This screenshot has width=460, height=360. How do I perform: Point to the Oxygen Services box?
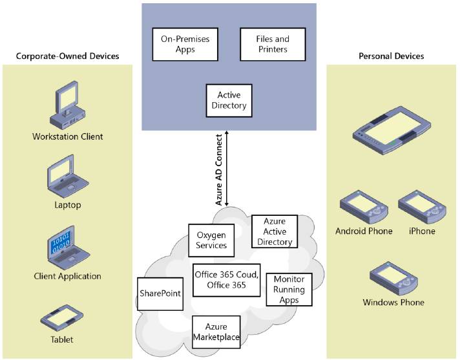[x=211, y=240]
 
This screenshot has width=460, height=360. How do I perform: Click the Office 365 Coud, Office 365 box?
[x=226, y=279]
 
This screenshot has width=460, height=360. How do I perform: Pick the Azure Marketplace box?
[x=217, y=332]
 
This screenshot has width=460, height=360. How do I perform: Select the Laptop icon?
[x=68, y=178]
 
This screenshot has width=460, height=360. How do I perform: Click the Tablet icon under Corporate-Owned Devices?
[x=62, y=319]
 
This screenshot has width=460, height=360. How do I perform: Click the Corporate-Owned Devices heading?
[x=68, y=56]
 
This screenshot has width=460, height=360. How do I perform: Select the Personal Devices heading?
[x=392, y=56]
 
